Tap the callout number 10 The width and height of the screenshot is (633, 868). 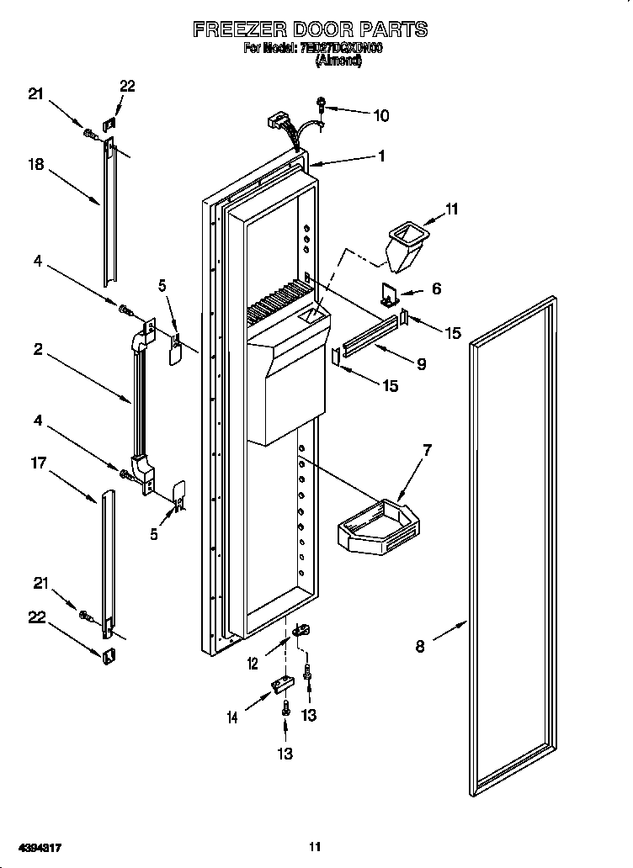pos(380,115)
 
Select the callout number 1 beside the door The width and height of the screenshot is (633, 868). pos(381,156)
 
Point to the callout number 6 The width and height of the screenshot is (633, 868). pos(436,288)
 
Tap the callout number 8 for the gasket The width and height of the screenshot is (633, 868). pos(420,646)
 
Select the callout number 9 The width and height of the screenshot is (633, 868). pos(421,364)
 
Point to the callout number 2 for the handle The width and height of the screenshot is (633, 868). pos(38,349)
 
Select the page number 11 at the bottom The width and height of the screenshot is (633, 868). pos(315,847)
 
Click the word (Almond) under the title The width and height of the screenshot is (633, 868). pos(338,61)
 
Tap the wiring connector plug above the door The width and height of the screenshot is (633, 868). pos(275,122)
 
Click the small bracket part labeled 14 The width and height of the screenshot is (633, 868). pos(280,686)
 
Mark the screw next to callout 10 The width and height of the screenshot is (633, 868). pos(322,103)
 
